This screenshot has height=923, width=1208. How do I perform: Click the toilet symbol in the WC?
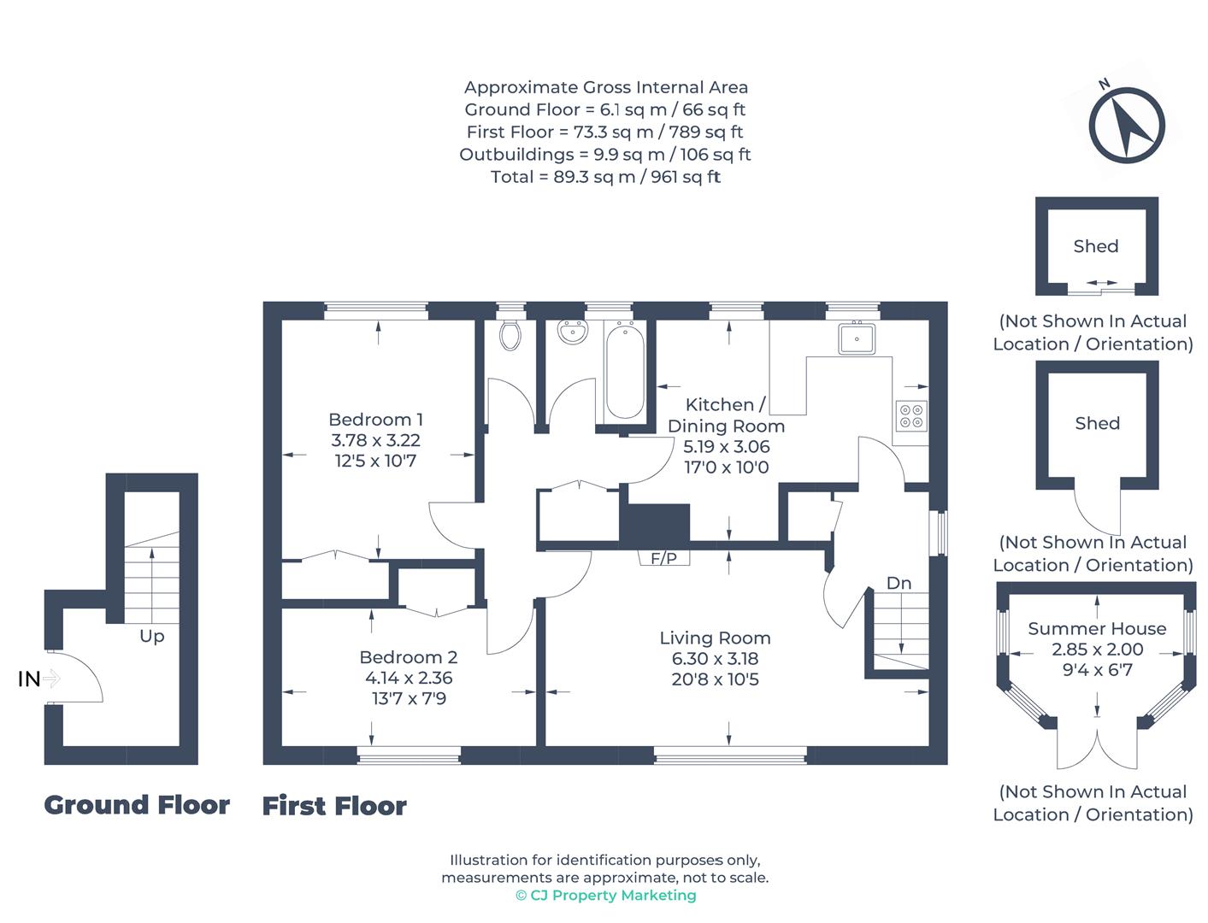510,335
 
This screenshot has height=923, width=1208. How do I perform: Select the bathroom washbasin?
572,332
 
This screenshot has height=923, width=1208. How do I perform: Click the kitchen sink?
856,338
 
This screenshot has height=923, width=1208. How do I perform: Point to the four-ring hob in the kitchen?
910,416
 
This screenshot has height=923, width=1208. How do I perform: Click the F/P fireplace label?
663,559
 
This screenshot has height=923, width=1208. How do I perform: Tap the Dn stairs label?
899,583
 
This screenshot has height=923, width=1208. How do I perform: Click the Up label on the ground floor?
152,637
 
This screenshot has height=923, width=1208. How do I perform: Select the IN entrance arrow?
50,679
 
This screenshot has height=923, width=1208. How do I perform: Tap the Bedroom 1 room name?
375,420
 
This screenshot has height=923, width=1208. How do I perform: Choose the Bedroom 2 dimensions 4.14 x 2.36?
409,678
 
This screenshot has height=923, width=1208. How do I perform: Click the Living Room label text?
715,638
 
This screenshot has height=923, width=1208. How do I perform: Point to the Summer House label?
1097,628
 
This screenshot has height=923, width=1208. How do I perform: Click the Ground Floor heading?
137,805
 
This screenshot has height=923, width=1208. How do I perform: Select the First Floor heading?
334,807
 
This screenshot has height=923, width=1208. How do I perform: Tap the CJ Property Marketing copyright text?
605,896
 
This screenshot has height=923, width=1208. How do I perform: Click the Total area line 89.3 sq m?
605,177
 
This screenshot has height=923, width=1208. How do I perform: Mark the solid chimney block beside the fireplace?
655,523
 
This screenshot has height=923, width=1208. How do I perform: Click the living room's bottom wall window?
730,755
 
